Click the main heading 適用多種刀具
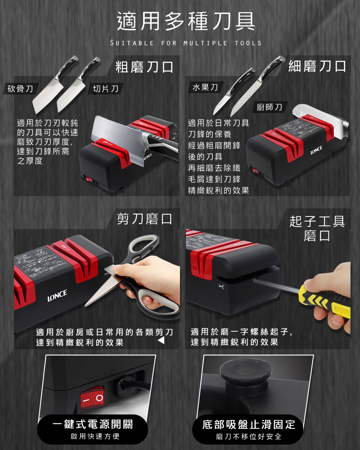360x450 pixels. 186,21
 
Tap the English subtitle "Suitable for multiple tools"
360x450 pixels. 186,43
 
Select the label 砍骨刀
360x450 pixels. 20,89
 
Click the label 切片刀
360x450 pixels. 106,89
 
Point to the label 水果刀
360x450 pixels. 205,87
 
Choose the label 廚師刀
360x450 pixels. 269,107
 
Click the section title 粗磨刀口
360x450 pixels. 144,67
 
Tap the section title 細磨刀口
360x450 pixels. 317,66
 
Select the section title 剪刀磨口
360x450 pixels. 144,219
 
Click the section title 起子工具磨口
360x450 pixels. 317,229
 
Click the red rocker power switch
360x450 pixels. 92,397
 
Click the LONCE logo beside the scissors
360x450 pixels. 57,296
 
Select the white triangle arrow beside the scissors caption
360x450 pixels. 162,340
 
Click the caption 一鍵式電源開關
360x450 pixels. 92,424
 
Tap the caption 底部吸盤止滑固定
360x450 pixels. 248,424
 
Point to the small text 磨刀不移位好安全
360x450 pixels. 248,436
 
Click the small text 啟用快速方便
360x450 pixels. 95,436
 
